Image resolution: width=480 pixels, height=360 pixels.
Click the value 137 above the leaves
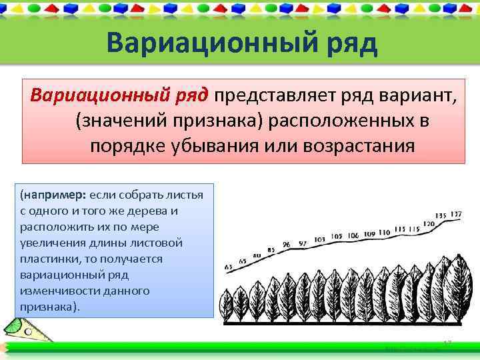pos(456,214)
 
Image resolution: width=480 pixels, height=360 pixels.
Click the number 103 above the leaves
pos(319,239)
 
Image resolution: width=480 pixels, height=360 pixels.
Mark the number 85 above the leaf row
pos(271,251)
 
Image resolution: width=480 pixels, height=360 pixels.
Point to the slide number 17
pos(447,343)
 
